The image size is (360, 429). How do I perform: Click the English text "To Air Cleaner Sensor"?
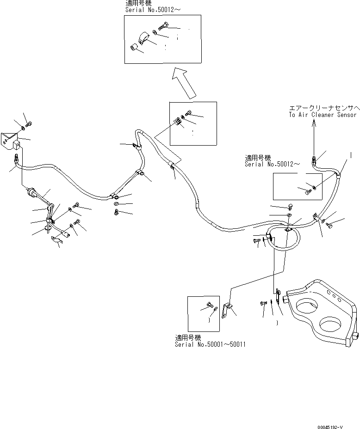(323, 115)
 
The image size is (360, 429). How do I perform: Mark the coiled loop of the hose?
(286, 238)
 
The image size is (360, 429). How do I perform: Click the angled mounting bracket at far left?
(9, 139)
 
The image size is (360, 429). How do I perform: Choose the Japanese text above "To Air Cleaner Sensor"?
(323, 107)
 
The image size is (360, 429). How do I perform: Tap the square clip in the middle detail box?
(177, 122)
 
